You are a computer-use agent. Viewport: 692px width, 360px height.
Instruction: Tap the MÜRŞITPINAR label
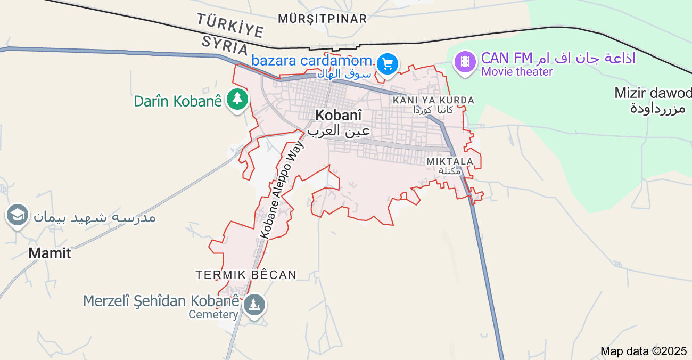(x=323, y=19)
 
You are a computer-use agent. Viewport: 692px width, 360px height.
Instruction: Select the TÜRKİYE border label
(x=230, y=26)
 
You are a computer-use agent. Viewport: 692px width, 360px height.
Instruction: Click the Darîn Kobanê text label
(x=177, y=101)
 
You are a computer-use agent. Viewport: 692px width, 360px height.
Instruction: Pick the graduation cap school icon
(x=18, y=216)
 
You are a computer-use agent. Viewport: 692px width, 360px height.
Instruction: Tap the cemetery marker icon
(x=255, y=305)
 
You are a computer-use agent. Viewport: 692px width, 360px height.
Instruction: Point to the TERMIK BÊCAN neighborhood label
(x=246, y=275)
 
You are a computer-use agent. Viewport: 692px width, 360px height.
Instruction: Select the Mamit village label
(x=50, y=253)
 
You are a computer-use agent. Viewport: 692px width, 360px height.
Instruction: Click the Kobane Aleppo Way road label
(x=282, y=189)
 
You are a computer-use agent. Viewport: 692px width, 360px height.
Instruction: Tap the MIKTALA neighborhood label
(x=450, y=161)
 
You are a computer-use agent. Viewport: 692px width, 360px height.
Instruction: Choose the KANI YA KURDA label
(x=433, y=100)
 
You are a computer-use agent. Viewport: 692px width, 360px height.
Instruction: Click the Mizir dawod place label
(x=653, y=93)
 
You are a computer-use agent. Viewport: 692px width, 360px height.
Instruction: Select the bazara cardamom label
(x=312, y=61)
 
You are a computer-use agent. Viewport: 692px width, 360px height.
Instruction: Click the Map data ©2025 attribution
(x=644, y=351)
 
